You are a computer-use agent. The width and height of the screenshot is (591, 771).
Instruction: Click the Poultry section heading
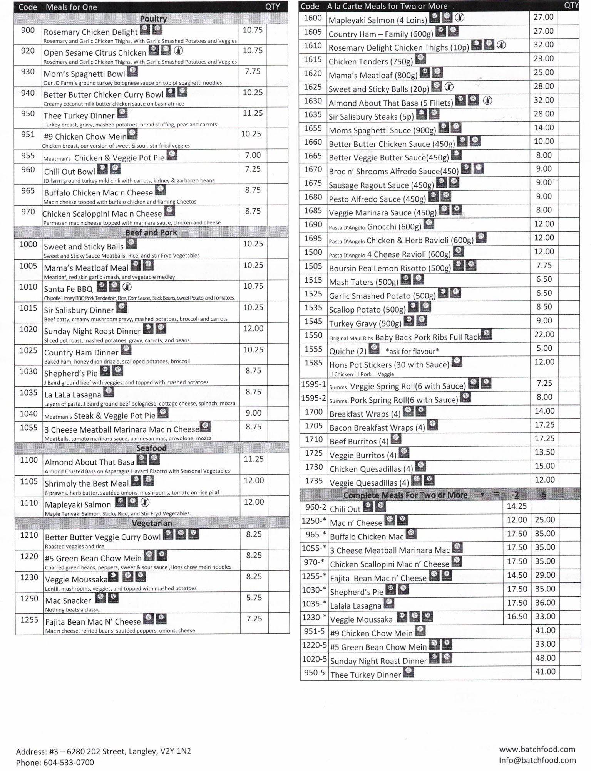click(153, 19)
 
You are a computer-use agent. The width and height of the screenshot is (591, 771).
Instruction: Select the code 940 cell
click(28, 93)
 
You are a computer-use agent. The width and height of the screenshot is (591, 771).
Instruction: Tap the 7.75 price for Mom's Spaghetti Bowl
click(253, 71)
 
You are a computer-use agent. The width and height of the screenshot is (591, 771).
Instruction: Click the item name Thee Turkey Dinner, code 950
click(79, 116)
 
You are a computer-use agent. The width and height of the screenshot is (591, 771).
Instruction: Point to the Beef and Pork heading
click(151, 232)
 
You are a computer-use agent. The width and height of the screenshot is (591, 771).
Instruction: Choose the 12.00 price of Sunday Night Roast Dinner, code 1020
click(253, 328)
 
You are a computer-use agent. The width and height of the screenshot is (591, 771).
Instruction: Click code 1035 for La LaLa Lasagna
click(28, 392)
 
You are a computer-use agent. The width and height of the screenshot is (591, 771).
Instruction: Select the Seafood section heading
click(151, 448)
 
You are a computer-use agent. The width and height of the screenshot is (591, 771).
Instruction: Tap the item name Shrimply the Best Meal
click(87, 483)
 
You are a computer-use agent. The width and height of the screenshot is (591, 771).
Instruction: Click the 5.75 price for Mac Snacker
click(254, 598)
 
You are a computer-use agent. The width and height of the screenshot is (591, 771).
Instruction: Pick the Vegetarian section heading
click(152, 523)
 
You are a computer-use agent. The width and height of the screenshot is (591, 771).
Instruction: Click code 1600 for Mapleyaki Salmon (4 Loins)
click(313, 18)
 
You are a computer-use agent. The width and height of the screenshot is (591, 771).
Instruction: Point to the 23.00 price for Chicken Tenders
click(544, 58)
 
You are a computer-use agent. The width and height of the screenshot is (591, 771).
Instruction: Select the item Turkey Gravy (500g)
click(365, 323)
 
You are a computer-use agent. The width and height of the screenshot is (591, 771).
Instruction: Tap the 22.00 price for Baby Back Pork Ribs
click(544, 334)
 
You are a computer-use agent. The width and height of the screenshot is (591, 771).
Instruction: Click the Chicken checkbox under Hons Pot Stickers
click(331, 374)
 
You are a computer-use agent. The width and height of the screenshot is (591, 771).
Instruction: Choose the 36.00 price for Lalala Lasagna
click(545, 603)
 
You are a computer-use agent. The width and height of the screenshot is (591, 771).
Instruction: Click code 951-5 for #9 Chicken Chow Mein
click(314, 631)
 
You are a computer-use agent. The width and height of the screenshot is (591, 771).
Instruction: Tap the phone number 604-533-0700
click(69, 763)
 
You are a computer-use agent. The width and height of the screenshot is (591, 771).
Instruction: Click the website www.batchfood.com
click(537, 749)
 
